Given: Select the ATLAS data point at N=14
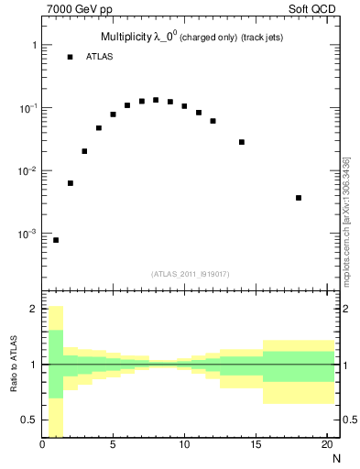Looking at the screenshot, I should pos(242,142).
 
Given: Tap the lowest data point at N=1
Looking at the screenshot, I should pos(56,240).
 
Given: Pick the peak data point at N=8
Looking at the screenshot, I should pos(156,100).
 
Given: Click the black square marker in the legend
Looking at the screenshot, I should pos(70,57).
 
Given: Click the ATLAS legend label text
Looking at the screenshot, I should pos(100,57).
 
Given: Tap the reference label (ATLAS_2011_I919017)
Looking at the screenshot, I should pos(191,274).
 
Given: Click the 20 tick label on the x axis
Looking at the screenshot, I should pos(326,446).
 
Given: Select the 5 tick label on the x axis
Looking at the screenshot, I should pos(114,446).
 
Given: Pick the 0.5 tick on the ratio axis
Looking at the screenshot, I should pos(30,420).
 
